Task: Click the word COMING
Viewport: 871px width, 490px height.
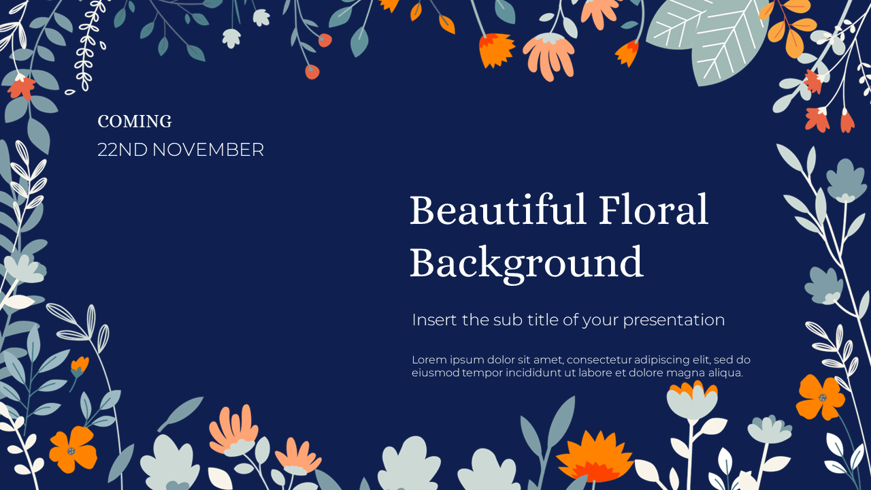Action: point(135,121)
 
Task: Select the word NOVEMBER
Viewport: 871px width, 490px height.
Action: point(208,150)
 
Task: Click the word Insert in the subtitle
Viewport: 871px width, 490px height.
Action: point(434,320)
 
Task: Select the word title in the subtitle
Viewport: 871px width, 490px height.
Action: point(543,320)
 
